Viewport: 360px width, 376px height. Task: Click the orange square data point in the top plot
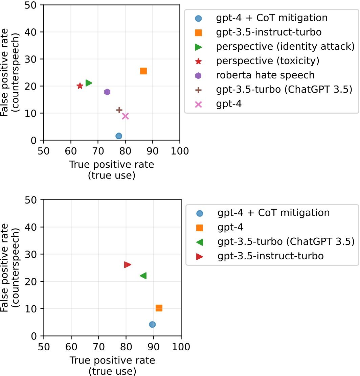(143, 71)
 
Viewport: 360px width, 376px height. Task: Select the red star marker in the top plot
(80, 86)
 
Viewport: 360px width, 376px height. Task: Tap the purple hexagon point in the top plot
(107, 92)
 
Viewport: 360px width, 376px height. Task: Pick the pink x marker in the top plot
(125, 116)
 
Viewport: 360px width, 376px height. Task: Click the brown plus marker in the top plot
(119, 110)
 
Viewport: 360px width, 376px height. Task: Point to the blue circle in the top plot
(119, 136)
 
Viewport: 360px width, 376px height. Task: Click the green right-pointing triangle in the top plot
(89, 83)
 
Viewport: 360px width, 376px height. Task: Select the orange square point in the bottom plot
(159, 308)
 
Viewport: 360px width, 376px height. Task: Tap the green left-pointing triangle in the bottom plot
(143, 276)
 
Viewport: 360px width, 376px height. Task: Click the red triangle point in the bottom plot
(127, 265)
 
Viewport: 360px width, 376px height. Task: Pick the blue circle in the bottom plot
(152, 324)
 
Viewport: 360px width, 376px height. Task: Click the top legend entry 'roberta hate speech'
(265, 75)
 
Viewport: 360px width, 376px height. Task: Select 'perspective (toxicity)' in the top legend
(268, 61)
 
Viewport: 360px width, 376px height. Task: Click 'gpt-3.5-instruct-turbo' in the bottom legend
(270, 256)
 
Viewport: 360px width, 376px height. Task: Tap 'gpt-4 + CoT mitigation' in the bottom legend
(273, 213)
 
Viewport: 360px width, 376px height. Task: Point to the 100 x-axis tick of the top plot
(180, 149)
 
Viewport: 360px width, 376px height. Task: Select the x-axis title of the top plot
(112, 170)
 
